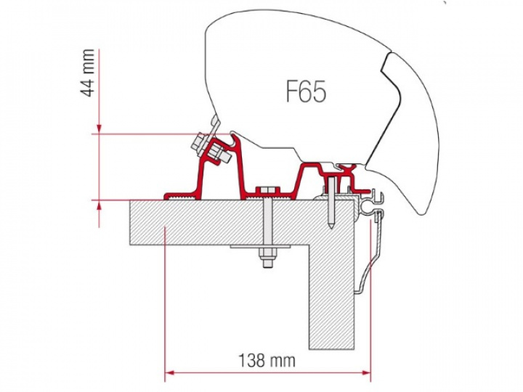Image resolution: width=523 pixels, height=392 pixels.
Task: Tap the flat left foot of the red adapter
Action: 178,195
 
